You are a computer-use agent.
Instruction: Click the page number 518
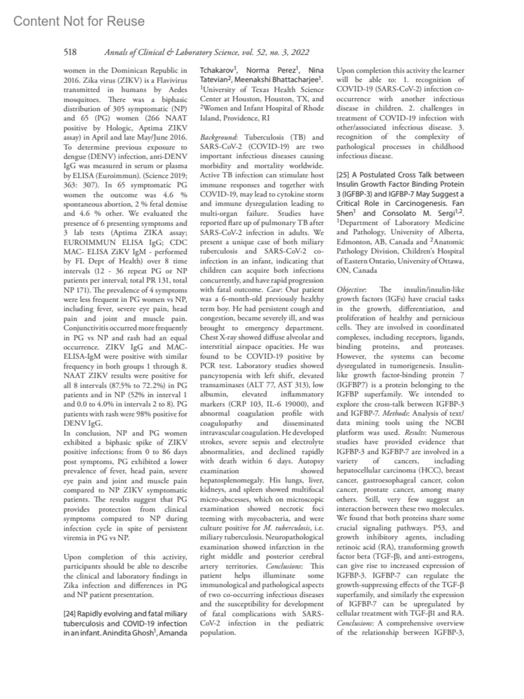[70, 52]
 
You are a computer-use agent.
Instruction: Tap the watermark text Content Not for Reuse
[79, 21]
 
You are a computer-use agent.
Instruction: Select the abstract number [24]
[70, 614]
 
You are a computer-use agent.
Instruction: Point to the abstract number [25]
[343, 175]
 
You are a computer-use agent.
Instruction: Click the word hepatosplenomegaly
[231, 480]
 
